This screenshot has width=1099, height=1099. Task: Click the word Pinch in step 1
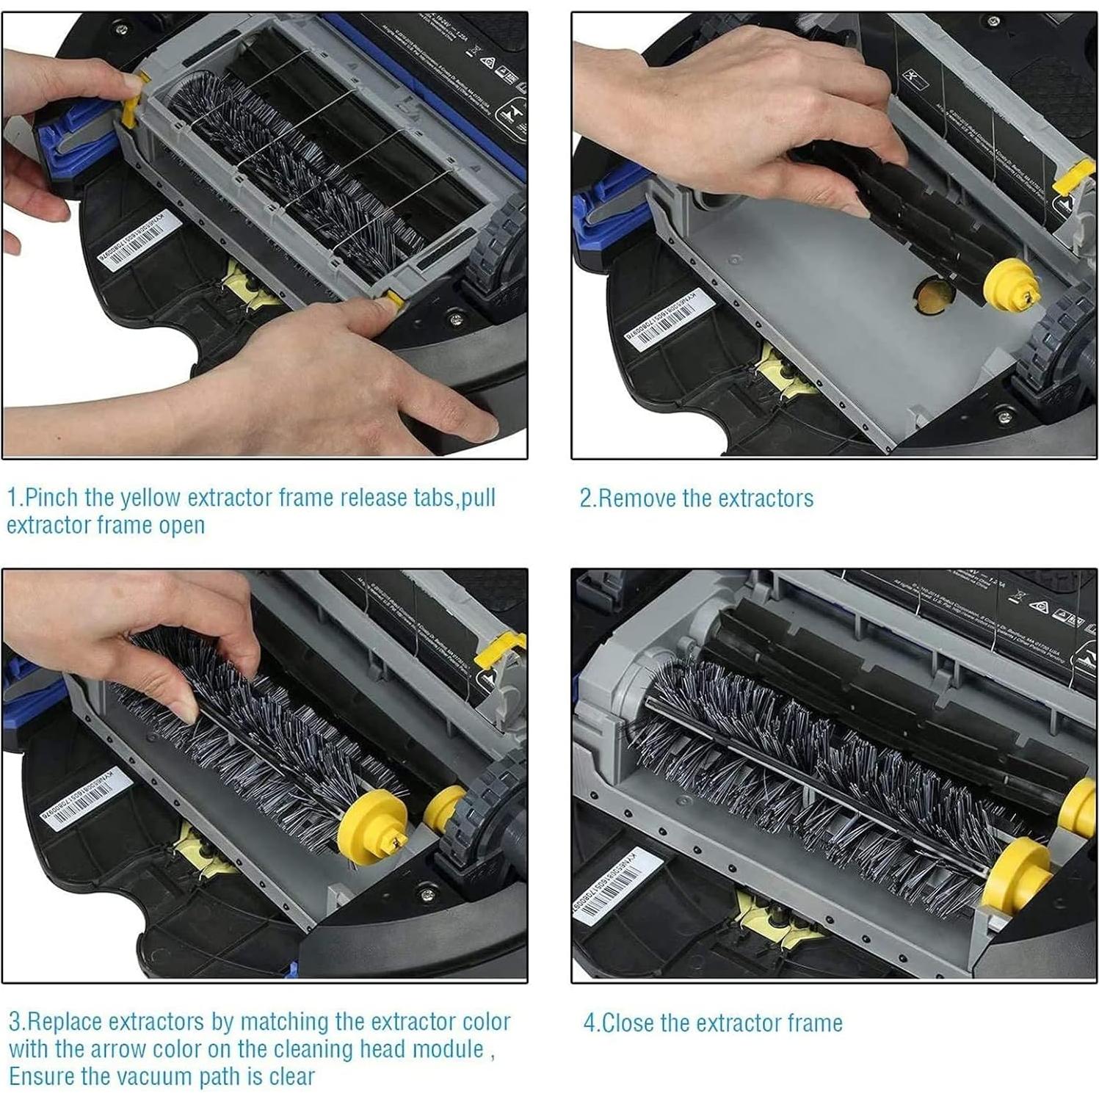[51, 498]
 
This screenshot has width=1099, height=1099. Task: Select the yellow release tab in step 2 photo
[1073, 176]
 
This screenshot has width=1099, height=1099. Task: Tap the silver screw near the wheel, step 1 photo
[456, 318]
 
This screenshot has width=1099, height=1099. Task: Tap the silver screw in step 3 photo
[428, 894]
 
